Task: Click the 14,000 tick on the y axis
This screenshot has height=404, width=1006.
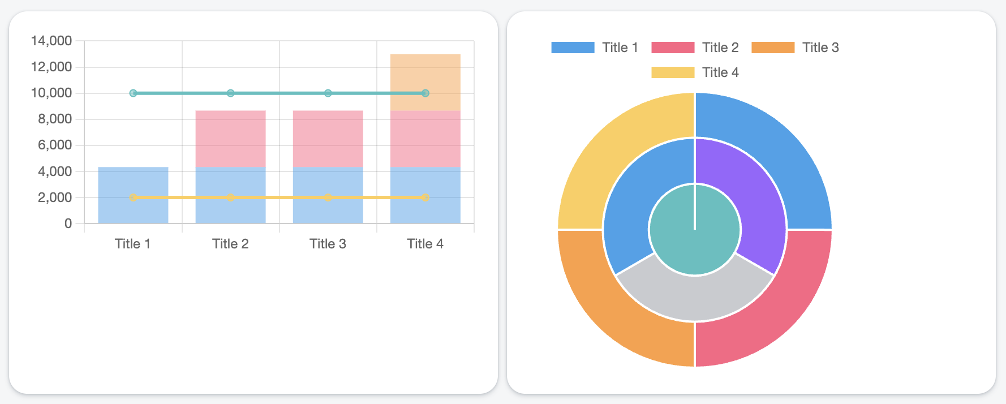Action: (51, 41)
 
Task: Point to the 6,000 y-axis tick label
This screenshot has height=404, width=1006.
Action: (55, 145)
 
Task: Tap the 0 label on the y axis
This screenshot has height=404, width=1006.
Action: (68, 224)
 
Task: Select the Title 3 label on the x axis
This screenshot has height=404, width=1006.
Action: (328, 244)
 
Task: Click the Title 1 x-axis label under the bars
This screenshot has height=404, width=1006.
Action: (132, 244)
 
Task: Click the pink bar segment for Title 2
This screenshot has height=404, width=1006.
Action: (230, 139)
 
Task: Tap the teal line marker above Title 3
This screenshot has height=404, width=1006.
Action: (328, 93)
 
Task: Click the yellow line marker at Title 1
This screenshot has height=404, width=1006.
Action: (133, 197)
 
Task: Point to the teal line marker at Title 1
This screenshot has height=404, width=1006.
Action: (133, 93)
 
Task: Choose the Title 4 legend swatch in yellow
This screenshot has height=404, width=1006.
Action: (673, 72)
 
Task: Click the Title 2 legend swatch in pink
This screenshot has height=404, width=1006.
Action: (673, 48)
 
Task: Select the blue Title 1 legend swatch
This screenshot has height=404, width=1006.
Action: (573, 48)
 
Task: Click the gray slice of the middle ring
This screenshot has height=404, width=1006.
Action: (695, 297)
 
